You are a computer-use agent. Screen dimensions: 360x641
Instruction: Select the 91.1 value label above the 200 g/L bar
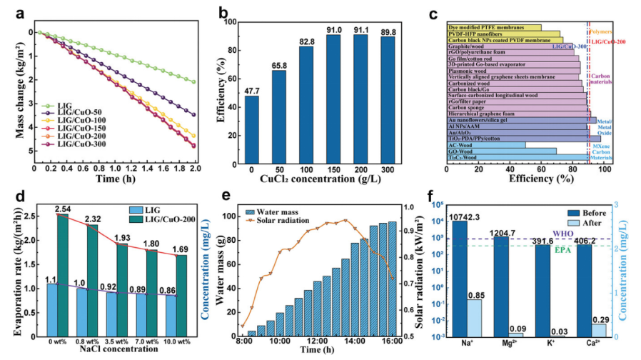[x=364, y=29]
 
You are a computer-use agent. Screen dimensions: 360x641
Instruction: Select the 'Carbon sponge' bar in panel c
[x=514, y=107]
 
